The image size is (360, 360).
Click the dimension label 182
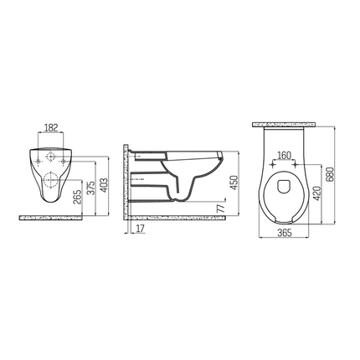pos(53,128)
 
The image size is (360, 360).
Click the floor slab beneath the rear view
pos(50,217)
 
